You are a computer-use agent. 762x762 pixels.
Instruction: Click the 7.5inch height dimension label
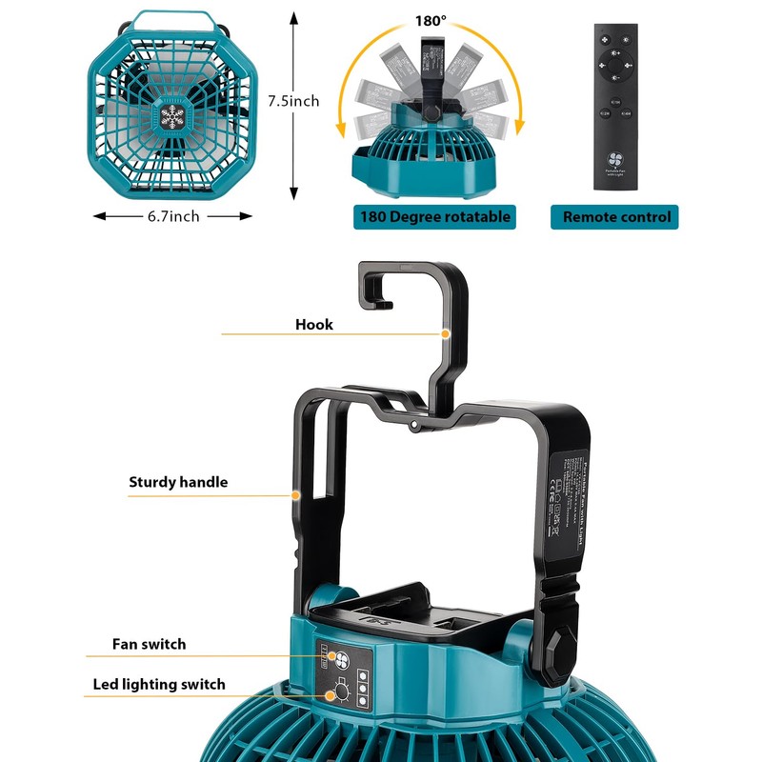(x=292, y=100)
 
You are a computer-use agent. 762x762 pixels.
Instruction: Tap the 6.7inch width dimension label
(x=172, y=216)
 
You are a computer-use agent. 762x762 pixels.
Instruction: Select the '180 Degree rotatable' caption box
(x=434, y=217)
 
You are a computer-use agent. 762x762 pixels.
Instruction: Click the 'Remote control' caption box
(x=616, y=217)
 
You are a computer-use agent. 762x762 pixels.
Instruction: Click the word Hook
(x=314, y=325)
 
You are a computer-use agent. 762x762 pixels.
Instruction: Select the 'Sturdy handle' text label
(x=178, y=482)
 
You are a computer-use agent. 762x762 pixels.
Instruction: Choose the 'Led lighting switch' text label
(x=159, y=684)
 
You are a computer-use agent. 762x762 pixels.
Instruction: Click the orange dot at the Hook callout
(x=445, y=333)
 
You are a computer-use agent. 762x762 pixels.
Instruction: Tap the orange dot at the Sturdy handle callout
(x=296, y=495)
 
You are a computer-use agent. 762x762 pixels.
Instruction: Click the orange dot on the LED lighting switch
(x=331, y=695)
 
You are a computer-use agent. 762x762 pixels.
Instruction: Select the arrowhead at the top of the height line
(x=291, y=18)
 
